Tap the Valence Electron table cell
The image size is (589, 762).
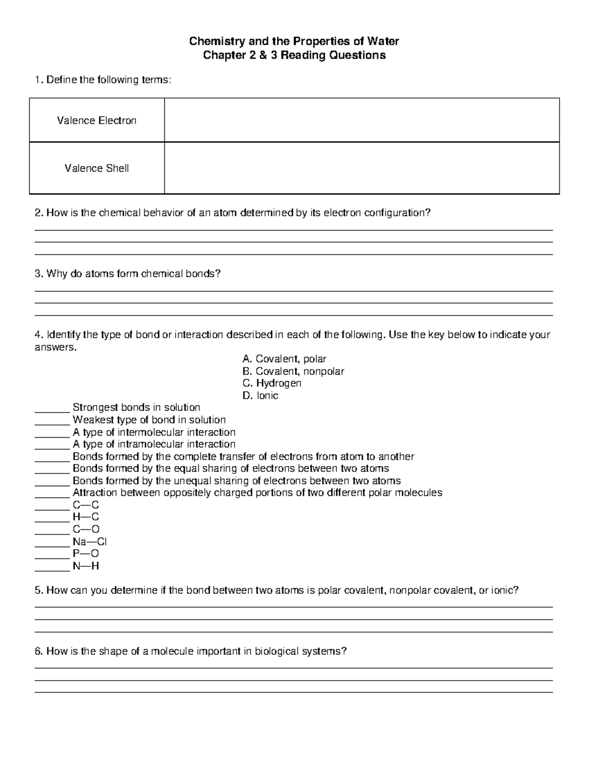click(x=97, y=121)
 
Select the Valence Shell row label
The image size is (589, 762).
click(x=97, y=168)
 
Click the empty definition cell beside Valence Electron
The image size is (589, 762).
click(x=362, y=121)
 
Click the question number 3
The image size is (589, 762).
click(x=38, y=274)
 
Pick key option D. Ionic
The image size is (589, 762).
click(x=260, y=395)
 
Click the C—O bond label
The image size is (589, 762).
click(x=86, y=529)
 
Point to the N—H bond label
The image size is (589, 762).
click(x=86, y=566)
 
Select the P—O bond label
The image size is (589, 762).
click(x=86, y=554)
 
